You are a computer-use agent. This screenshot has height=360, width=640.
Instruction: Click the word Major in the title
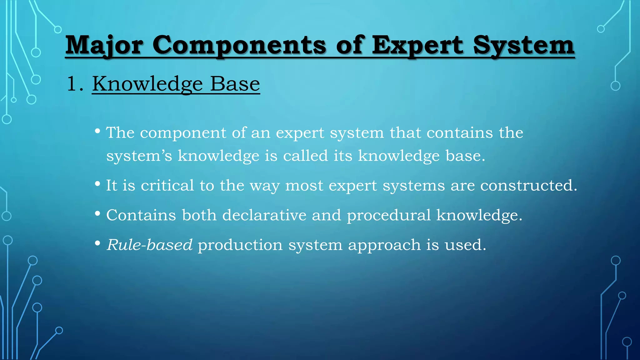(x=104, y=46)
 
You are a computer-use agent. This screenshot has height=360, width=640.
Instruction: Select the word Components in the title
(x=239, y=46)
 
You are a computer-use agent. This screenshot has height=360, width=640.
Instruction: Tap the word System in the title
(x=523, y=46)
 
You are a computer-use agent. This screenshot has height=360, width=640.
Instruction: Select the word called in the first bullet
(x=305, y=156)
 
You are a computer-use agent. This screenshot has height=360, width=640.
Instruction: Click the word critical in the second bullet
(x=167, y=185)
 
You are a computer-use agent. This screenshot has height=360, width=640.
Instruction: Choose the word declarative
(x=264, y=215)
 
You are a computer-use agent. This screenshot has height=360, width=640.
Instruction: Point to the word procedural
(x=389, y=215)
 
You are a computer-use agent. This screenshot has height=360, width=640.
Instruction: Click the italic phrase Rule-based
(x=149, y=245)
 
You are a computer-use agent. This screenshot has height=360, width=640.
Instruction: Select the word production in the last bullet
(x=240, y=245)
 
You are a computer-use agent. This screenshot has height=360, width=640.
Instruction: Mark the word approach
(x=384, y=245)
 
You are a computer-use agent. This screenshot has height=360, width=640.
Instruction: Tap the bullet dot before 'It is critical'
(x=97, y=184)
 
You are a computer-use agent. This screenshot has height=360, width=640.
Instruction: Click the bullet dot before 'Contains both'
(x=97, y=214)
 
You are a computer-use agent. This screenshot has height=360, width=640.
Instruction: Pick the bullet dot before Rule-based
(x=97, y=243)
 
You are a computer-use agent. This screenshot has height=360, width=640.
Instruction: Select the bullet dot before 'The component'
(x=97, y=131)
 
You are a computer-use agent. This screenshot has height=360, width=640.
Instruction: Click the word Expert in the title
(x=417, y=46)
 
